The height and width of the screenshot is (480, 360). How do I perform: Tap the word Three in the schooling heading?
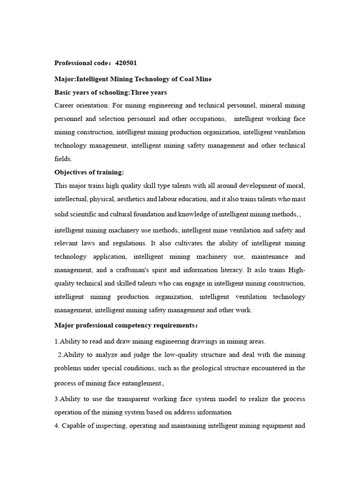141,92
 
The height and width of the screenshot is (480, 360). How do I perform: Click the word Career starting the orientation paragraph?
64,105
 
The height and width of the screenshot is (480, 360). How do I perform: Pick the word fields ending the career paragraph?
63,159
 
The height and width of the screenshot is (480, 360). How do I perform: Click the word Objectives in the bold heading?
71,172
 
